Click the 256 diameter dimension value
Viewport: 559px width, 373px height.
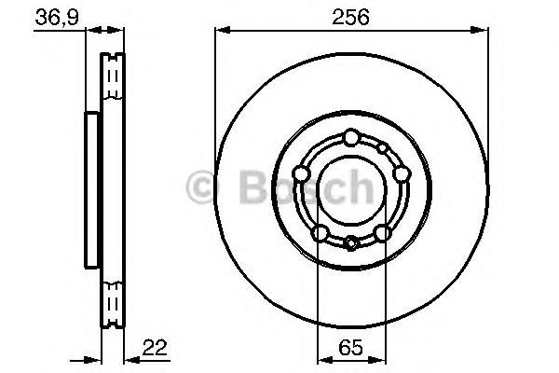[351, 17]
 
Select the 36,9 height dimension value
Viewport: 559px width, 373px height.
[55, 17]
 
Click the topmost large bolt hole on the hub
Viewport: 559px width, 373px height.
[350, 138]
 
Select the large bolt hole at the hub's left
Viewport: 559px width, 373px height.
[301, 173]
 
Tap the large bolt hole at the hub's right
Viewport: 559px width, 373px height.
[401, 173]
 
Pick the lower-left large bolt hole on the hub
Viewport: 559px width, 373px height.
[320, 232]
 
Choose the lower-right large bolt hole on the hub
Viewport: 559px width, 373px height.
[382, 232]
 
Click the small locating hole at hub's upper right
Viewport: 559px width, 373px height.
[382, 148]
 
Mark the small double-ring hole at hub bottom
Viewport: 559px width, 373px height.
[350, 244]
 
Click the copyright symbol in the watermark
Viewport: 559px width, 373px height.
[201, 187]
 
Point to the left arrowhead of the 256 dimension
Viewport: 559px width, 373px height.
[221, 31]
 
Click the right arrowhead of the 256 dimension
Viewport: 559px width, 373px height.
[483, 31]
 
